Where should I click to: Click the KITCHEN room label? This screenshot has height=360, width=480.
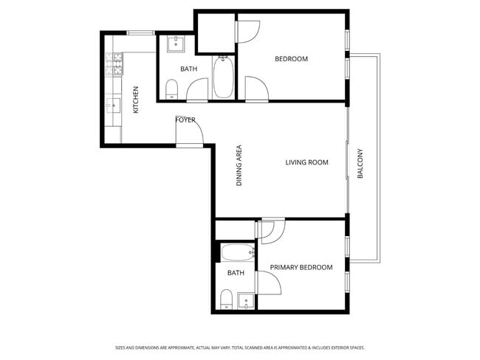pyautogui.click(x=136, y=100)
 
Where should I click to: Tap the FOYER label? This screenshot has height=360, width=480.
pyautogui.click(x=185, y=120)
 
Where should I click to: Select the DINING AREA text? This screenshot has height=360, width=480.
pyautogui.click(x=239, y=165)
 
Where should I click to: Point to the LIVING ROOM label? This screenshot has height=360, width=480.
pyautogui.click(x=306, y=162)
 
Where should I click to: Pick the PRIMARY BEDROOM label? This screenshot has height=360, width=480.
pyautogui.click(x=301, y=267)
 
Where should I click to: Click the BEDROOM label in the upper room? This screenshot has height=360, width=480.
pyautogui.click(x=291, y=59)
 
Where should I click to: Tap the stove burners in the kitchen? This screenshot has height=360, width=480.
pyautogui.click(x=117, y=65)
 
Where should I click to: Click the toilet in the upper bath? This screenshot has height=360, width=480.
pyautogui.click(x=172, y=91)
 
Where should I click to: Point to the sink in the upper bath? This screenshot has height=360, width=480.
pyautogui.click(x=176, y=44)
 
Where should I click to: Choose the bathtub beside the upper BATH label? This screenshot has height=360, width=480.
pyautogui.click(x=224, y=77)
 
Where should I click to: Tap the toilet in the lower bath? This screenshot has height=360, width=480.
pyautogui.click(x=227, y=299)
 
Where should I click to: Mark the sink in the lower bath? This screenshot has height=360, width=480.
pyautogui.click(x=245, y=300)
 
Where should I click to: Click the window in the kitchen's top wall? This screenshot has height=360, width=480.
pyautogui.click(x=140, y=32)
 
